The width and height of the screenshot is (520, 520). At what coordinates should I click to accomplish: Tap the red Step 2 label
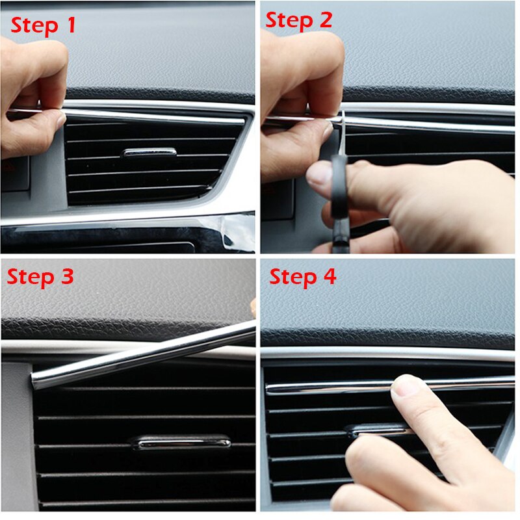point(298,20)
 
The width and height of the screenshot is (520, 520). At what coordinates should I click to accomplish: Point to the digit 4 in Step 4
point(330,277)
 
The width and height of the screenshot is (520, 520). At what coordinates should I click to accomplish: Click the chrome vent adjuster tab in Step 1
point(149,153)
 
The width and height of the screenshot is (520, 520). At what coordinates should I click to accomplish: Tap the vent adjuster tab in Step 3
point(181,442)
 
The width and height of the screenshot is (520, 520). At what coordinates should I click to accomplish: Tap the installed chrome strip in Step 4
point(325,387)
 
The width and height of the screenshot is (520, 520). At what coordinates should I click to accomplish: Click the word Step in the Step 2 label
point(285,20)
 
